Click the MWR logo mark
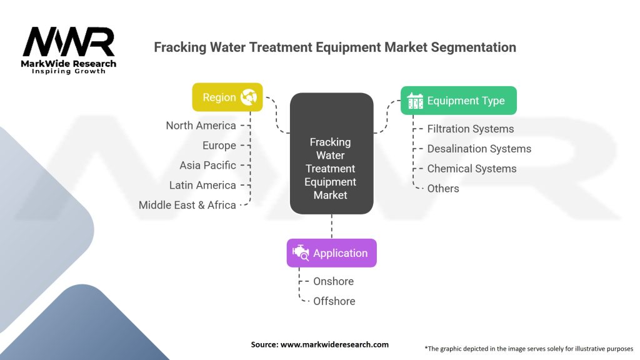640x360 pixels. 69,42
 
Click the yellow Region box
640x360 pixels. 227,97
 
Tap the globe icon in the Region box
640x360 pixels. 249,97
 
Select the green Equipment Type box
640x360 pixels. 458,101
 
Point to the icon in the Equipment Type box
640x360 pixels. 415,101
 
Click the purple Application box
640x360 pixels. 331,253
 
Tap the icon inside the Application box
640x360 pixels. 301,253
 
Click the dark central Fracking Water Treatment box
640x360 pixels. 331,154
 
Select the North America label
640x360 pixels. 201,126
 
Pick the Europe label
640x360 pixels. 219,146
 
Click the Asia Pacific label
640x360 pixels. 207,165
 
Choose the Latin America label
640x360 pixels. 202,185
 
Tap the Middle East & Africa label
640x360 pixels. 187,205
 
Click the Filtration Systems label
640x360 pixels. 471,129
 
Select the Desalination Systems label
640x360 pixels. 479,149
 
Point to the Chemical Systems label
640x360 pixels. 472,169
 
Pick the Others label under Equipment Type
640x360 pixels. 443,189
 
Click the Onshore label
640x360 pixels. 334,281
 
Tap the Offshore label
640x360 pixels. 334,301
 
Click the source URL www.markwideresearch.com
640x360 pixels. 335,344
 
